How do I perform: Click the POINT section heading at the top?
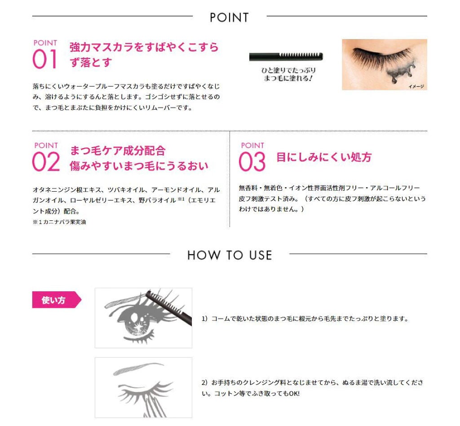tap(229, 18)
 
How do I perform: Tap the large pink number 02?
tap(46, 162)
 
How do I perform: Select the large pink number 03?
tap(252, 162)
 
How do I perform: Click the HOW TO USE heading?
tap(230, 255)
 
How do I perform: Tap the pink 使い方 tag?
tap(54, 300)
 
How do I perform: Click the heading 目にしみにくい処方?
tap(324, 158)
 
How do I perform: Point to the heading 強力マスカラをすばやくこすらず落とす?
tap(144, 54)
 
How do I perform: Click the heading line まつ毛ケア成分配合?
tap(118, 150)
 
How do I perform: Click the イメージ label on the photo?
tap(416, 86)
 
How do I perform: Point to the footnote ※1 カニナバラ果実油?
tap(59, 221)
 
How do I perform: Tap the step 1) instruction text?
tap(305, 319)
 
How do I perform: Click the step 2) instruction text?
tap(312, 388)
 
